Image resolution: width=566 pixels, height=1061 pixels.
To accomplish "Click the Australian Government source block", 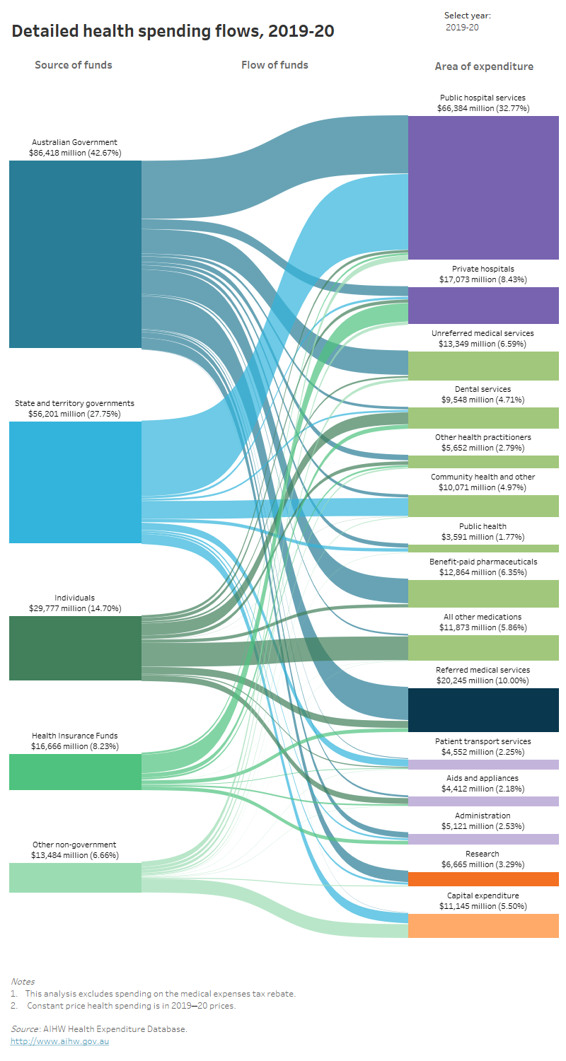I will (75, 254).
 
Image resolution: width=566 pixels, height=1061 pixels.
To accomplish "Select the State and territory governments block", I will (75, 482).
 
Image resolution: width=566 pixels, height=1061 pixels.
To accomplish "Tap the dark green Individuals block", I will (75, 648).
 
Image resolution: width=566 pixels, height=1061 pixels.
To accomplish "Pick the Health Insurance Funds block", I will (75, 772).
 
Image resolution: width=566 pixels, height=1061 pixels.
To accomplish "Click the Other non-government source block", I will (75, 877).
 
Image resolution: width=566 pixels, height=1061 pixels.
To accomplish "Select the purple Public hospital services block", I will (483, 187).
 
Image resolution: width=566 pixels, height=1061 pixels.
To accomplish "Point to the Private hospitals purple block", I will (483, 305).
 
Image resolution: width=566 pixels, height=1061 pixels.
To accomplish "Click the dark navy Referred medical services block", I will (483, 709).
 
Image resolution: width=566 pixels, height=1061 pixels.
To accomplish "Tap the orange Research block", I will (483, 879).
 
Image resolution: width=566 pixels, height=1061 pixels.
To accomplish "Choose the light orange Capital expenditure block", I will (483, 925).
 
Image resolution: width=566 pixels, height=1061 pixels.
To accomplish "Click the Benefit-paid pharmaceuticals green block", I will (483, 593).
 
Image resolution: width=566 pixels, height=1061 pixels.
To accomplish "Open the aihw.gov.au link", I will (59, 1041).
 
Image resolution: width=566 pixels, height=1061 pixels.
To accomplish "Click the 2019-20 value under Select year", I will (463, 28).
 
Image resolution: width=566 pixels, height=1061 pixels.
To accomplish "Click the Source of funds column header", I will (74, 65).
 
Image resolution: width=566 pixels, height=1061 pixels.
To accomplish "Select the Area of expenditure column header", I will (484, 66).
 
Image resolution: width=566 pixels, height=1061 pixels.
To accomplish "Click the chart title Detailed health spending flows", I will (173, 31).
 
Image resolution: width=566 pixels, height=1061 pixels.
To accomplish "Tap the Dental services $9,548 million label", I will (483, 394).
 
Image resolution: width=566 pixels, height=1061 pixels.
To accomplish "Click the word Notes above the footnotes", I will (23, 982).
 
